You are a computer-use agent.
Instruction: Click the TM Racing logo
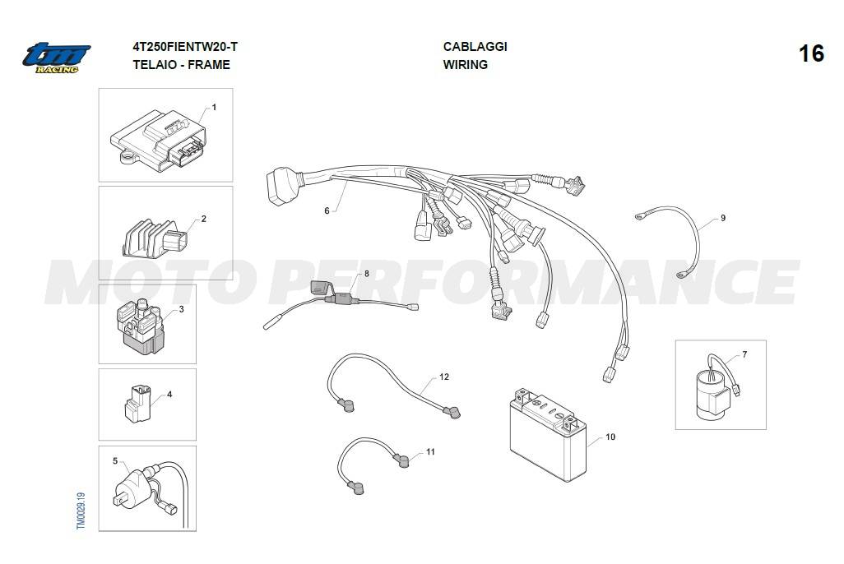pyautogui.click(x=56, y=58)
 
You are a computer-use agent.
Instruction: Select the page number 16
pyautogui.click(x=810, y=53)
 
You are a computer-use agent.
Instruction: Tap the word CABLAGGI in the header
pyautogui.click(x=475, y=47)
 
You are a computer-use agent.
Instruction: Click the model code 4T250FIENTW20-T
pyautogui.click(x=185, y=47)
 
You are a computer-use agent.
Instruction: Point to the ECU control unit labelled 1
pyautogui.click(x=158, y=141)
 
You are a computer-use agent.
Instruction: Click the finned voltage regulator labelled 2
pyautogui.click(x=155, y=238)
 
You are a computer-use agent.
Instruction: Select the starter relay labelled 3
pyautogui.click(x=140, y=326)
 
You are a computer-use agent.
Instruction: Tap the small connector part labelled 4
pyautogui.click(x=138, y=403)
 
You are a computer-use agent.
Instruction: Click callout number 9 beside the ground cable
pyautogui.click(x=723, y=218)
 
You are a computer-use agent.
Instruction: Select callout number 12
pyautogui.click(x=444, y=377)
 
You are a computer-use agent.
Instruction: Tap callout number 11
pyautogui.click(x=430, y=452)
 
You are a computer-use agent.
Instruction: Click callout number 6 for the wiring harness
pyautogui.click(x=327, y=211)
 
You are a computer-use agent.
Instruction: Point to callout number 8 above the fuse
pyautogui.click(x=367, y=274)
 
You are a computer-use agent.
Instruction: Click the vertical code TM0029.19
pyautogui.click(x=81, y=511)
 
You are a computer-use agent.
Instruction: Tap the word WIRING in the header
pyautogui.click(x=465, y=65)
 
